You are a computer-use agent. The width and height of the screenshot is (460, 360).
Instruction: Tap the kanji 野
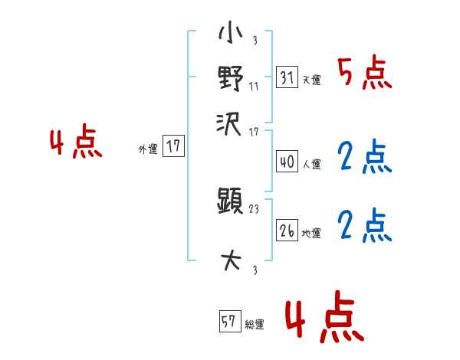point(230,78)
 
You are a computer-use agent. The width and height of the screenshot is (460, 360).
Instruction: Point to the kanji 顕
point(230,203)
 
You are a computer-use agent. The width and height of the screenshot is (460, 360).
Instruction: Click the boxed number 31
point(286,77)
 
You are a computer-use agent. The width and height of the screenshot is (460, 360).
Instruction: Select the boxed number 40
point(286,162)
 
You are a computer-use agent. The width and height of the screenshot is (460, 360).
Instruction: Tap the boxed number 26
point(286,230)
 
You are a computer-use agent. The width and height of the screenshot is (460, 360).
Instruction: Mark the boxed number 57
point(228,322)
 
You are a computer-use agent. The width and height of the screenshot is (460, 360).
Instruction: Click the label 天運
point(311,80)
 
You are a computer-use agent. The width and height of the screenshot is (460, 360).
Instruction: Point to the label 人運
point(311,164)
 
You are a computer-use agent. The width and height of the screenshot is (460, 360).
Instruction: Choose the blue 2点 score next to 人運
point(364,158)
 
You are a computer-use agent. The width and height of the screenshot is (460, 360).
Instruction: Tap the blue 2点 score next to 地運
point(364,226)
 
